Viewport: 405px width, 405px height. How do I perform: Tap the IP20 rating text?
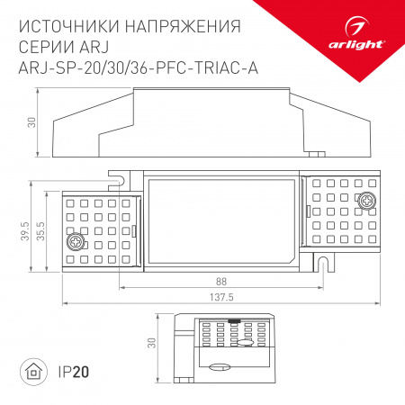(76, 371)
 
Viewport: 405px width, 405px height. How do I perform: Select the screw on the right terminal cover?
(367, 202)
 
